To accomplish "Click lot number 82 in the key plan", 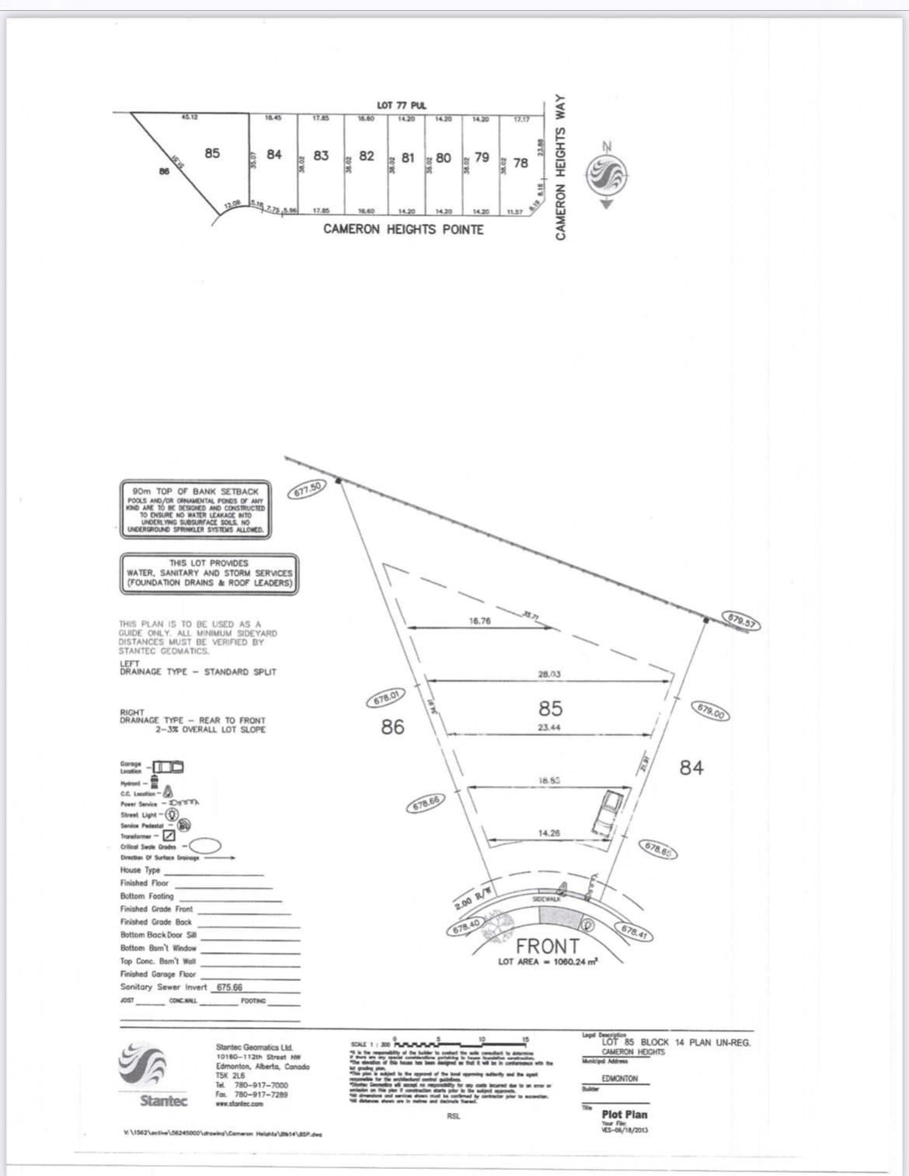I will (367, 156).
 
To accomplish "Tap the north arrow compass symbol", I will (606, 174).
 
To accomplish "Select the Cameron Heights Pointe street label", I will (403, 229).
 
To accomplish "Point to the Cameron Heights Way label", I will (561, 168).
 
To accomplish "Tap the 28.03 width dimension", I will (549, 674).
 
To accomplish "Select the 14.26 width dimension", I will (549, 832).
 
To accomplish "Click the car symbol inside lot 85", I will (610, 811).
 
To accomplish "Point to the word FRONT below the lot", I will (548, 946).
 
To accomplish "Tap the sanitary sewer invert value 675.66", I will (229, 987).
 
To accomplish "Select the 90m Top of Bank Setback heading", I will (195, 491).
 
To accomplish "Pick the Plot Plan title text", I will (624, 1114).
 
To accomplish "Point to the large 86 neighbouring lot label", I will (392, 727).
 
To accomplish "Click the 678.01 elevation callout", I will (386, 698).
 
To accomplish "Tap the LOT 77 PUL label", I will (402, 105).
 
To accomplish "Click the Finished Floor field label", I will (145, 883).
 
